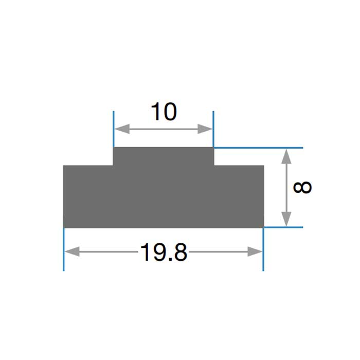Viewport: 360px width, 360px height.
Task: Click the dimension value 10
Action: coord(164,112)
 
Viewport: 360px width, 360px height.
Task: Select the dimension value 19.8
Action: coord(164,253)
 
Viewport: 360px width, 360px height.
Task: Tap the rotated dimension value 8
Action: coord(302,187)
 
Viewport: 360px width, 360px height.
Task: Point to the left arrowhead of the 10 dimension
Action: coord(122,129)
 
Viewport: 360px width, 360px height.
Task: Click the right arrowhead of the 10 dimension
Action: coord(205,129)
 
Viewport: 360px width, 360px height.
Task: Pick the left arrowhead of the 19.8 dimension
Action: coord(73,251)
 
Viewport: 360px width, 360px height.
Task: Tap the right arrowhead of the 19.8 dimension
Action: coord(255,251)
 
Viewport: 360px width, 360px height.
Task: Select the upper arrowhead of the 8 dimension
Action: coord(286,156)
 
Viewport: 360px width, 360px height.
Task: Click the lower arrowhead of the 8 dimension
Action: coord(286,219)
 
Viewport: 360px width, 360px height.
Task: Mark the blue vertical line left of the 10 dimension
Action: coord(114,129)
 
